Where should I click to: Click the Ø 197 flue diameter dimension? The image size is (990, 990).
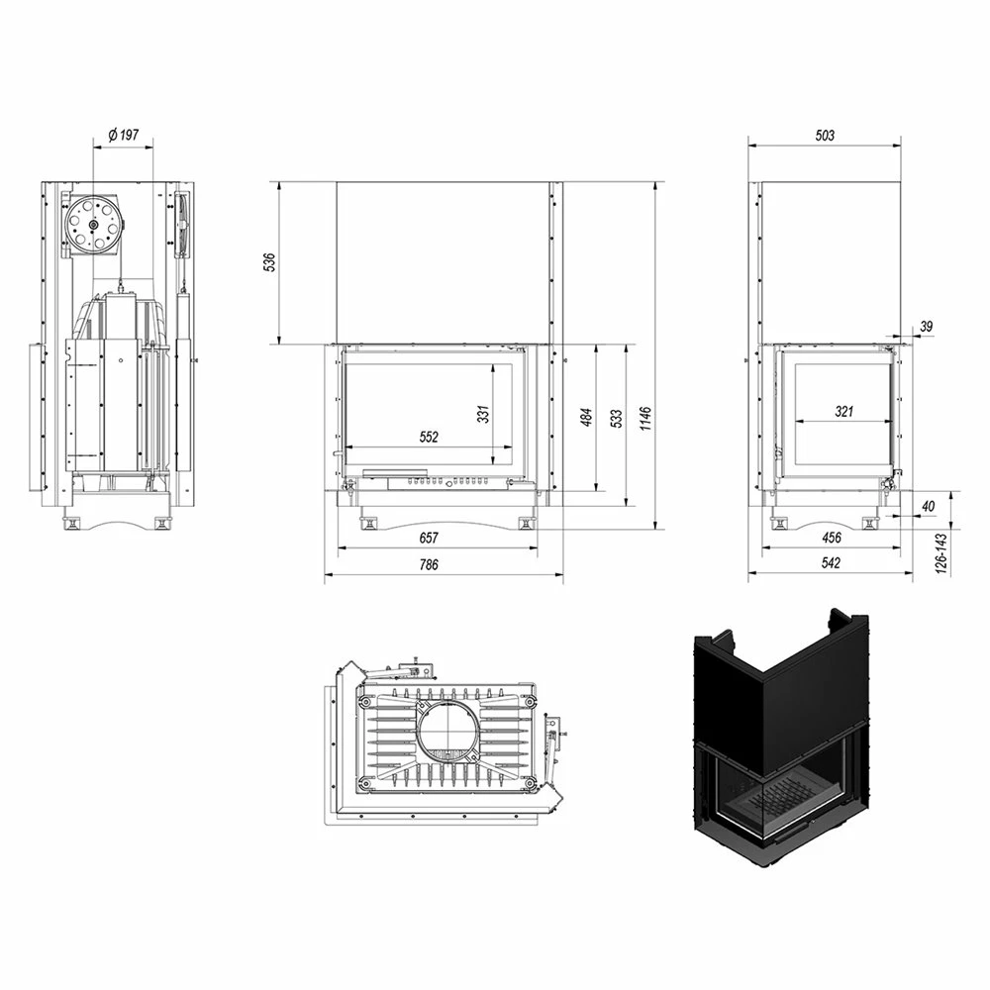click(x=123, y=135)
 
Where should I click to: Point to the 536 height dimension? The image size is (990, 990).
click(x=269, y=262)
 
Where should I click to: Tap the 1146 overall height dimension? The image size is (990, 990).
click(x=645, y=419)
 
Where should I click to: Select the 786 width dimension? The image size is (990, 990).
click(x=429, y=564)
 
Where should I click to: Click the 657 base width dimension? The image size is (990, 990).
click(x=429, y=538)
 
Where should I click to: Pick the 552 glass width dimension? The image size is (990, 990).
click(x=429, y=437)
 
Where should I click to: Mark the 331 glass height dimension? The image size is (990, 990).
click(x=483, y=414)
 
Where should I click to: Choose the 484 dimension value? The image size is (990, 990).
click(x=586, y=418)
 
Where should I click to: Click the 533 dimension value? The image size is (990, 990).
click(x=616, y=419)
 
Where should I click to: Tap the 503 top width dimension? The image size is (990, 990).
click(x=826, y=135)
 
